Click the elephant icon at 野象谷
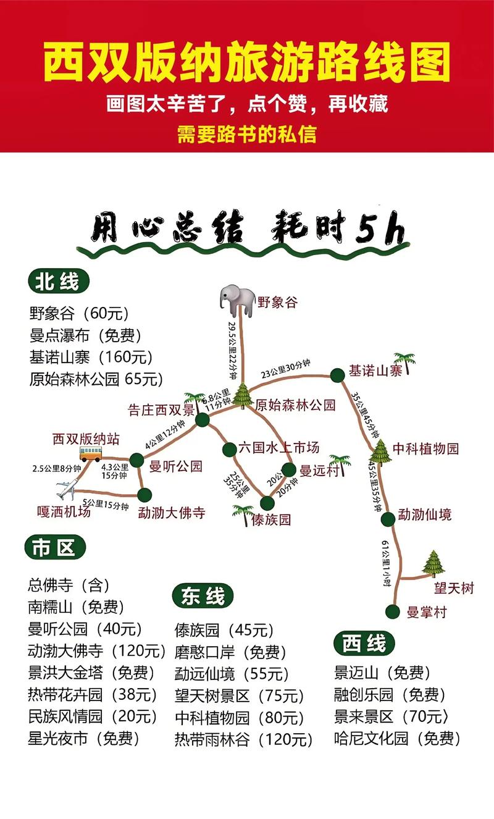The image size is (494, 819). [237, 300]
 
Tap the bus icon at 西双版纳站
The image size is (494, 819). [90, 455]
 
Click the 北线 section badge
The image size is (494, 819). [58, 282]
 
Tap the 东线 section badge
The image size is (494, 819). [203, 597]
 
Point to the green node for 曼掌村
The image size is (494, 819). [391, 611]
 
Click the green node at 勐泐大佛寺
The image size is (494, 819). [144, 494]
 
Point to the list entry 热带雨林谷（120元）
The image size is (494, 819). [244, 739]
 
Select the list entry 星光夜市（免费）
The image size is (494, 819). [84, 738]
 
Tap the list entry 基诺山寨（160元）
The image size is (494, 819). [91, 357]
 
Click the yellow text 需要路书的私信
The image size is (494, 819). [246, 135]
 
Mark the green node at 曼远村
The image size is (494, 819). [289, 470]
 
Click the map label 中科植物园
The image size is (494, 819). [426, 449]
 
